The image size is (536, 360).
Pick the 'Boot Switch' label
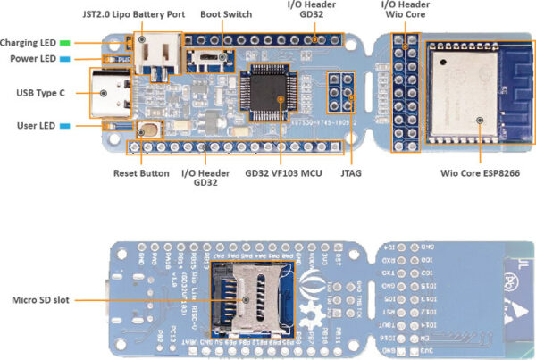(226, 14)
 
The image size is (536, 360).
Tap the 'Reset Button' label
(141, 172)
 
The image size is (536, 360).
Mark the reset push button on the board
(147, 128)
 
